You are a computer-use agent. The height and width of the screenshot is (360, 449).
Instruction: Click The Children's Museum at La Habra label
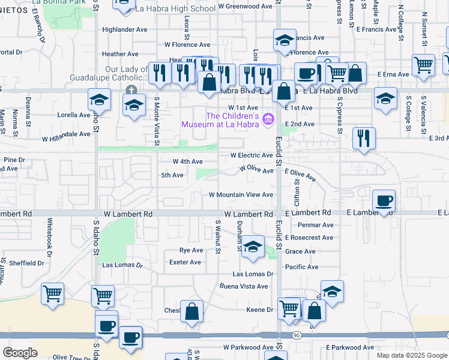[x=224, y=120]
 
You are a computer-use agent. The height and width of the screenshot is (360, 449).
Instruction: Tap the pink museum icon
[x=268, y=120]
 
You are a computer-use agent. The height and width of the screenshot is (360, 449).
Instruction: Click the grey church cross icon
[x=130, y=90]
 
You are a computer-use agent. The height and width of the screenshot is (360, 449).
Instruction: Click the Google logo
[x=20, y=353]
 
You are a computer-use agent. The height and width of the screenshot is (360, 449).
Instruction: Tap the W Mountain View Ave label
[x=241, y=195]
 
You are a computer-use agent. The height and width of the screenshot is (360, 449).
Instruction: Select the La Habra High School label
[x=175, y=9]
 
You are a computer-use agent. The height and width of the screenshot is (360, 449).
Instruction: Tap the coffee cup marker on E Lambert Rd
[x=384, y=200]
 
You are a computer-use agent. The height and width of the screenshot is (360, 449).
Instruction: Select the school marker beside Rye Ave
[x=253, y=247]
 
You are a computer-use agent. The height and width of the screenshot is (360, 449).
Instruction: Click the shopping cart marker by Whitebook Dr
[x=52, y=294]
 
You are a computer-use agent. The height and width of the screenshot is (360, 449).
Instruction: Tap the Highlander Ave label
[x=125, y=29]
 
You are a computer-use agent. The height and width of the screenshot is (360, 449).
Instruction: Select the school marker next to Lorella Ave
[x=99, y=100]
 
